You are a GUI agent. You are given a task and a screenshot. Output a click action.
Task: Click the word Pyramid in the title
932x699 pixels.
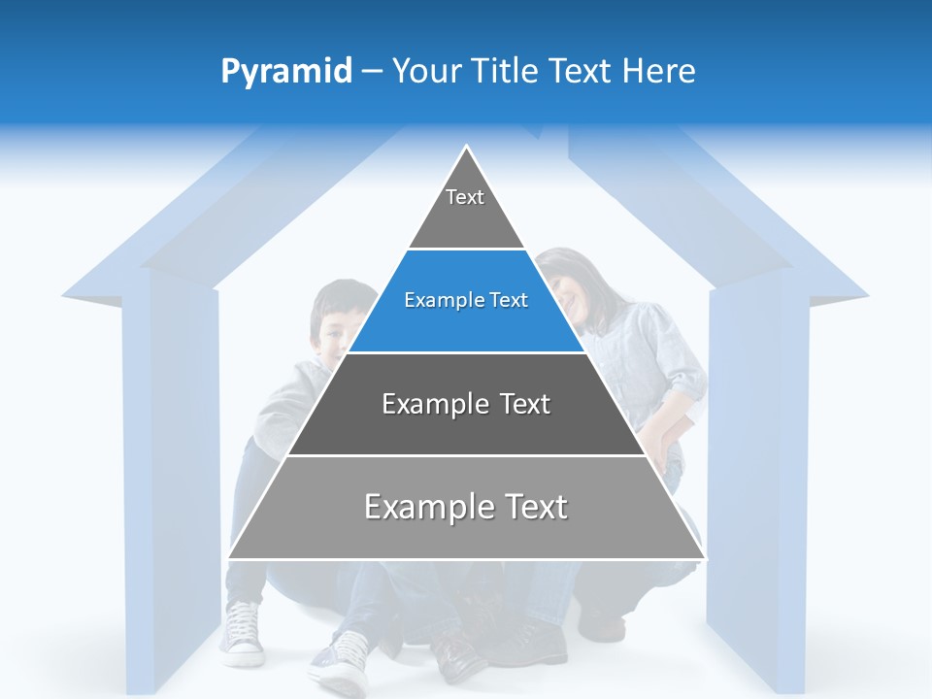point(285,72)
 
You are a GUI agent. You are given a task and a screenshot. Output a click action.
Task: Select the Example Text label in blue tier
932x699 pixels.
point(466,300)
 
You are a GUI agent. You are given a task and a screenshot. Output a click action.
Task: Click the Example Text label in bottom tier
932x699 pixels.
point(466,507)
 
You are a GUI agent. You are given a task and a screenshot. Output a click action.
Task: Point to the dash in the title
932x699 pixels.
point(372,72)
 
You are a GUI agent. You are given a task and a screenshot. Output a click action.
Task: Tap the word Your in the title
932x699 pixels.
point(425,71)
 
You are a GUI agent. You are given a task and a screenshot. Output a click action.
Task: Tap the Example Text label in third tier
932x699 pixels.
point(466,404)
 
